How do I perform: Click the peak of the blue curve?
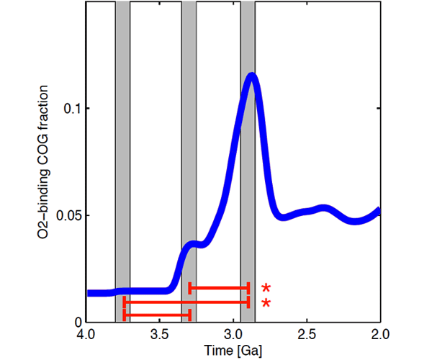tap(251, 76)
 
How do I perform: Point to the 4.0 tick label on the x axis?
tap(86, 335)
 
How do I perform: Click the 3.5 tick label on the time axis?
tap(159, 335)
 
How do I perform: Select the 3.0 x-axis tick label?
tap(233, 335)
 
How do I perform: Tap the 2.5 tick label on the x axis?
tap(306, 335)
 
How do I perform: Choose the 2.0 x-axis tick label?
tap(379, 335)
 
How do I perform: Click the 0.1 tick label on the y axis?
tap(70, 109)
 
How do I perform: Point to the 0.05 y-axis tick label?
tap(67, 215)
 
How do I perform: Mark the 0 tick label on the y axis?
tap(77, 322)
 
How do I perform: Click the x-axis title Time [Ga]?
tap(233, 351)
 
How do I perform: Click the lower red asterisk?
tap(266, 303)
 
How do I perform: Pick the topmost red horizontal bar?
tap(219, 287)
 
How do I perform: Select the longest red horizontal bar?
tap(186, 303)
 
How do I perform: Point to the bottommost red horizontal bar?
tap(157, 315)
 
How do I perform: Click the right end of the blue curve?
tap(377, 211)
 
